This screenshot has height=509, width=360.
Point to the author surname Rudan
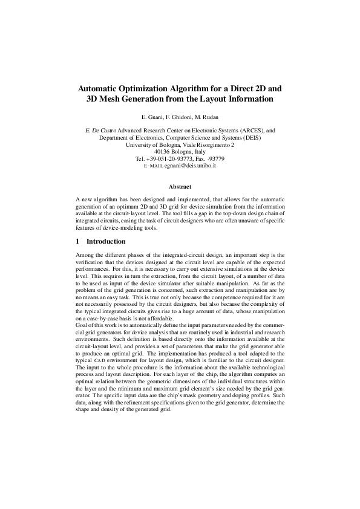click(x=209, y=115)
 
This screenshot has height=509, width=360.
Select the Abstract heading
click(x=180, y=187)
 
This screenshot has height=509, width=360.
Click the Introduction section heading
click(x=106, y=241)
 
